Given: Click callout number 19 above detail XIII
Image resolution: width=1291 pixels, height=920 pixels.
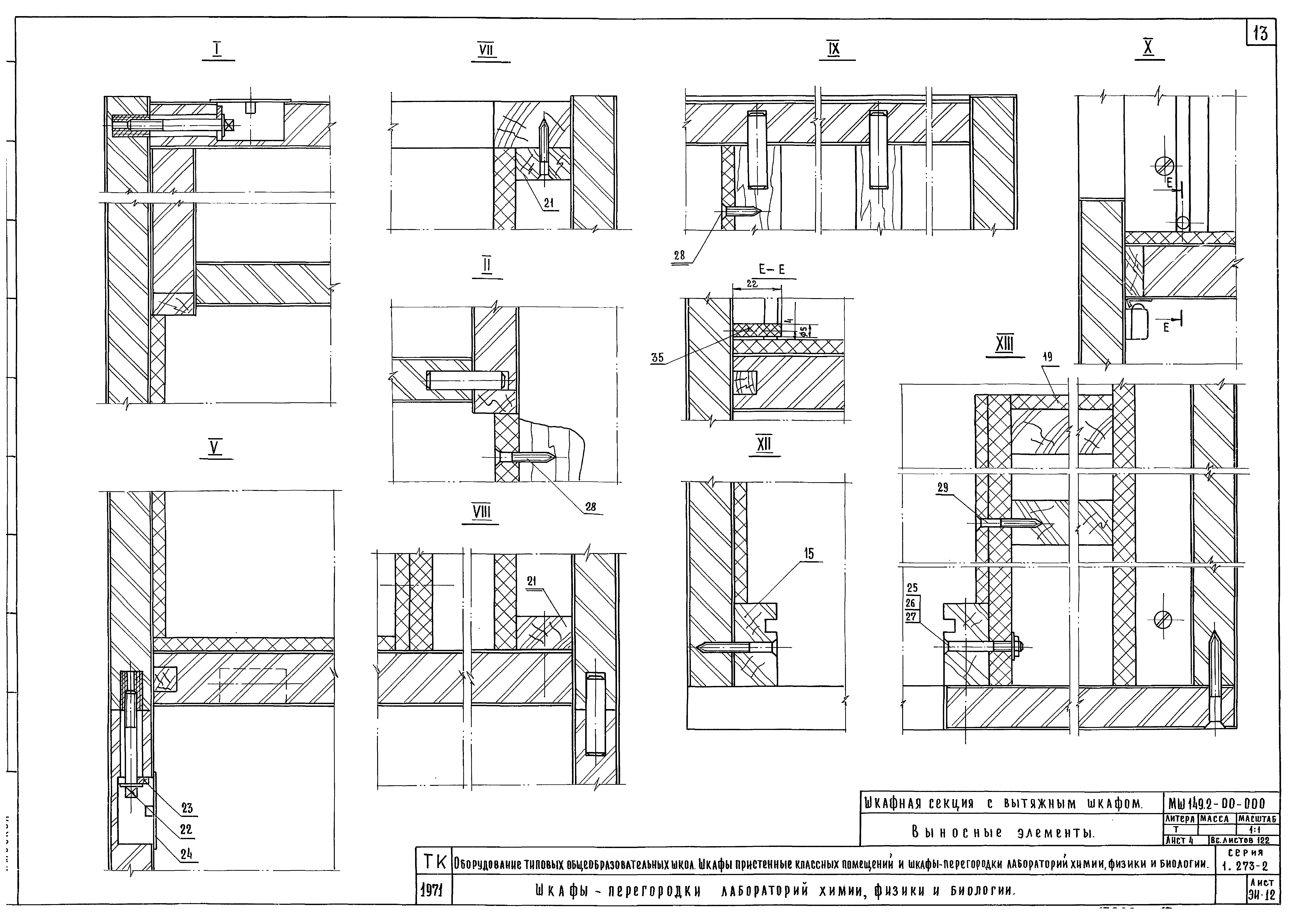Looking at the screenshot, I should (1047, 357).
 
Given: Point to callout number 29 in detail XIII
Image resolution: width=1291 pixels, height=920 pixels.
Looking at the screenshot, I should (943, 487).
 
